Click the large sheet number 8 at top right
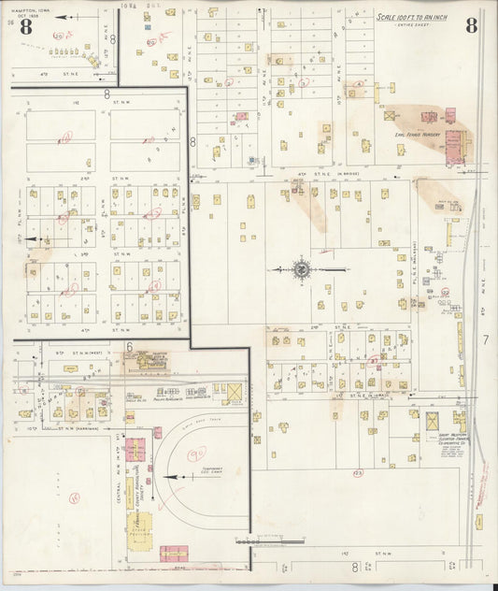(x=471, y=25)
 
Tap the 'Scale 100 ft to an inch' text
(x=412, y=16)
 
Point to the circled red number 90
(x=197, y=454)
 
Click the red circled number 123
(x=357, y=473)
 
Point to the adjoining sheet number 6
(x=129, y=345)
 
